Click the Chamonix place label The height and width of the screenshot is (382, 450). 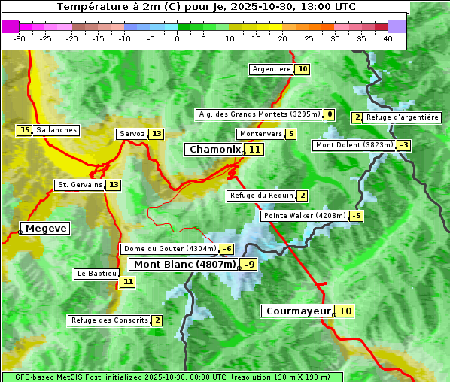pos(214,150)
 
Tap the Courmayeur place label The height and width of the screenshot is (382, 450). pos(299,311)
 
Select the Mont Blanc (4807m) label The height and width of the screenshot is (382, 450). pos(184,264)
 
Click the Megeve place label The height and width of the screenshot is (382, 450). pos(46,228)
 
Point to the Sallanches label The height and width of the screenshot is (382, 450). pos(56,130)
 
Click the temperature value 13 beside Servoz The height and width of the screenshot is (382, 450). pos(156,134)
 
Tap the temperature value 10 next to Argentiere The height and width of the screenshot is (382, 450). pos(303,69)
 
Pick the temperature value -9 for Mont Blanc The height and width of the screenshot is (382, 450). pos(249,264)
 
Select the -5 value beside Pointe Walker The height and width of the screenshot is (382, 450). pos(357,216)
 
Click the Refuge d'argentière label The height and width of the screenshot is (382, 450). pos(403,117)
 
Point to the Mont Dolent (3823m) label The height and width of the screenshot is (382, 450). pos(354,145)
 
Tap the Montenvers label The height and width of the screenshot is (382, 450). pos(260,134)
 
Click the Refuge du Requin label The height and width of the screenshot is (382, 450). pos(260,196)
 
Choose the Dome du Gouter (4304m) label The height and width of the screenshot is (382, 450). pos(170,249)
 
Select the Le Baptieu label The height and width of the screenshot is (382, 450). pos(96,274)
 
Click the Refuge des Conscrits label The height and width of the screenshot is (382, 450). pos(109,320)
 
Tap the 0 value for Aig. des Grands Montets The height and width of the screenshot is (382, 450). pos(330,114)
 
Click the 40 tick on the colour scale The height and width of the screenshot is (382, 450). pos(388,38)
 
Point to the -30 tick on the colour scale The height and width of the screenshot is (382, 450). pos(20,38)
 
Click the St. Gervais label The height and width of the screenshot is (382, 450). pos(79,185)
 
